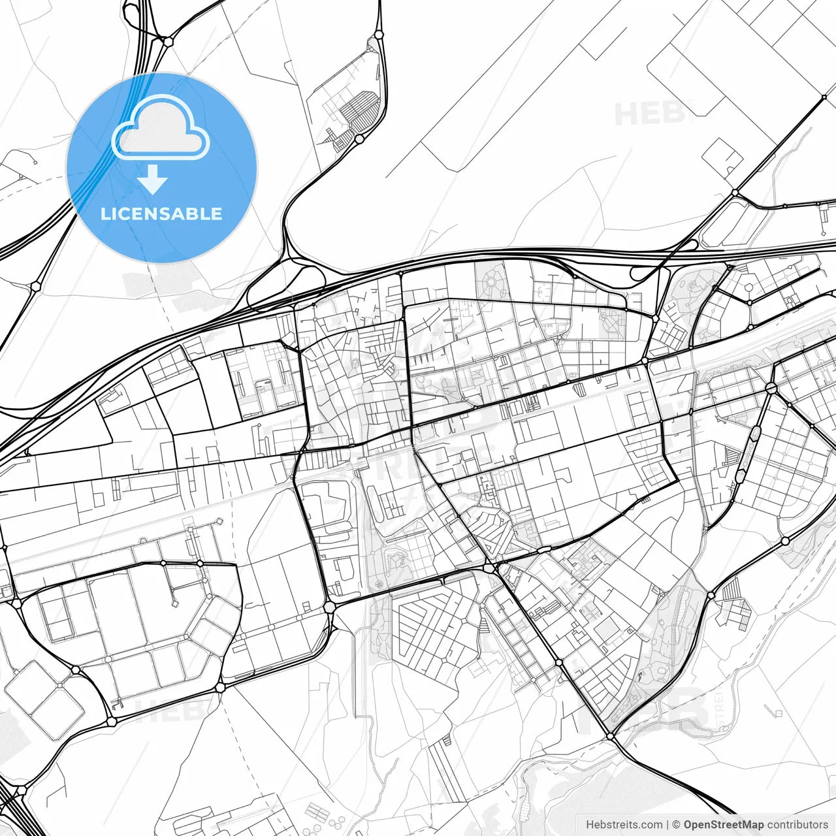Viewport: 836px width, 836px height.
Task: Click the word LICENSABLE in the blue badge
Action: click(161, 214)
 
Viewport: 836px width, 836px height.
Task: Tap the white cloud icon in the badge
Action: click(161, 127)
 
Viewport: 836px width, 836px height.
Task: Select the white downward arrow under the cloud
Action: click(153, 180)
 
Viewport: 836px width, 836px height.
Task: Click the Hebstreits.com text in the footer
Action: click(624, 825)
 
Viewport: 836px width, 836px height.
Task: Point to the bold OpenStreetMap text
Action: click(724, 825)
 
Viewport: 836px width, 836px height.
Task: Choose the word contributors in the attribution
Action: click(797, 825)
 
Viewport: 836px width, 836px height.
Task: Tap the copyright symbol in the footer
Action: click(677, 825)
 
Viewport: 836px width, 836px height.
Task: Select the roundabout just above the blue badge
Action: click(168, 41)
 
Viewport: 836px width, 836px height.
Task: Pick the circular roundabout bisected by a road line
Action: click(771, 388)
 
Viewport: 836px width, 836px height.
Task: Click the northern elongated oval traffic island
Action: click(756, 434)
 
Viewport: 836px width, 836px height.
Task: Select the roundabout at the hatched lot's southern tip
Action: click(359, 138)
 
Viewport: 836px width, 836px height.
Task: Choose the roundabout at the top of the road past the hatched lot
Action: click(378, 35)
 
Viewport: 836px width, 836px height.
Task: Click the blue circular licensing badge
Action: click(161, 168)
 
